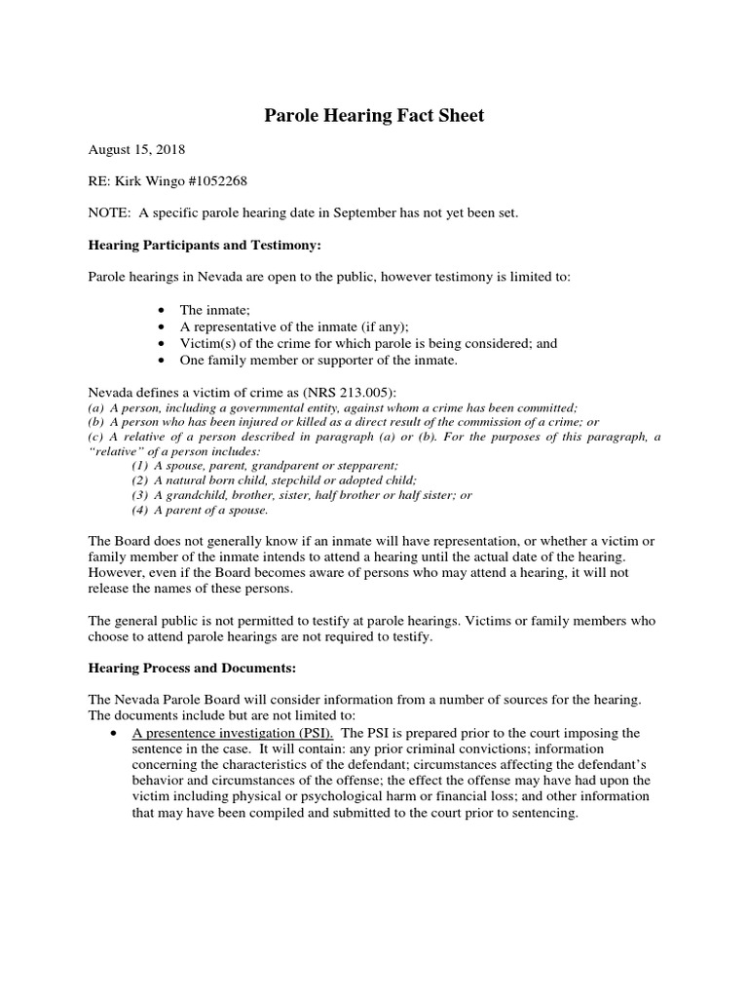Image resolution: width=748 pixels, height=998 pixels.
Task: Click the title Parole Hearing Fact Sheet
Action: pos(374,116)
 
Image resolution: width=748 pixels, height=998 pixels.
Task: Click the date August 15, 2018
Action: pos(136,151)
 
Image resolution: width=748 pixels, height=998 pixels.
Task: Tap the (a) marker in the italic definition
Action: pos(96,407)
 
